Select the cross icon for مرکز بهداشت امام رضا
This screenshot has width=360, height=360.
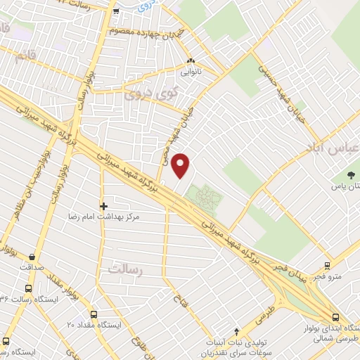tap(104, 207)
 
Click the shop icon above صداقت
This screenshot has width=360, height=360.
tap(32, 257)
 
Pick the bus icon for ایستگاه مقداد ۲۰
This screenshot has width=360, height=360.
tap(94, 314)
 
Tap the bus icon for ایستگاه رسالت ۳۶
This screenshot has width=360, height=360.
tap(27, 289)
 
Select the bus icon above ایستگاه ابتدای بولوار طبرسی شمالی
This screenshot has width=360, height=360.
tap(335, 318)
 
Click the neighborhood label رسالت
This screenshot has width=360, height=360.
tap(126, 269)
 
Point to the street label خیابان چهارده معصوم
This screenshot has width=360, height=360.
tap(146, 32)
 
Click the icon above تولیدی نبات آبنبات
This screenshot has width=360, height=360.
tap(238, 331)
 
